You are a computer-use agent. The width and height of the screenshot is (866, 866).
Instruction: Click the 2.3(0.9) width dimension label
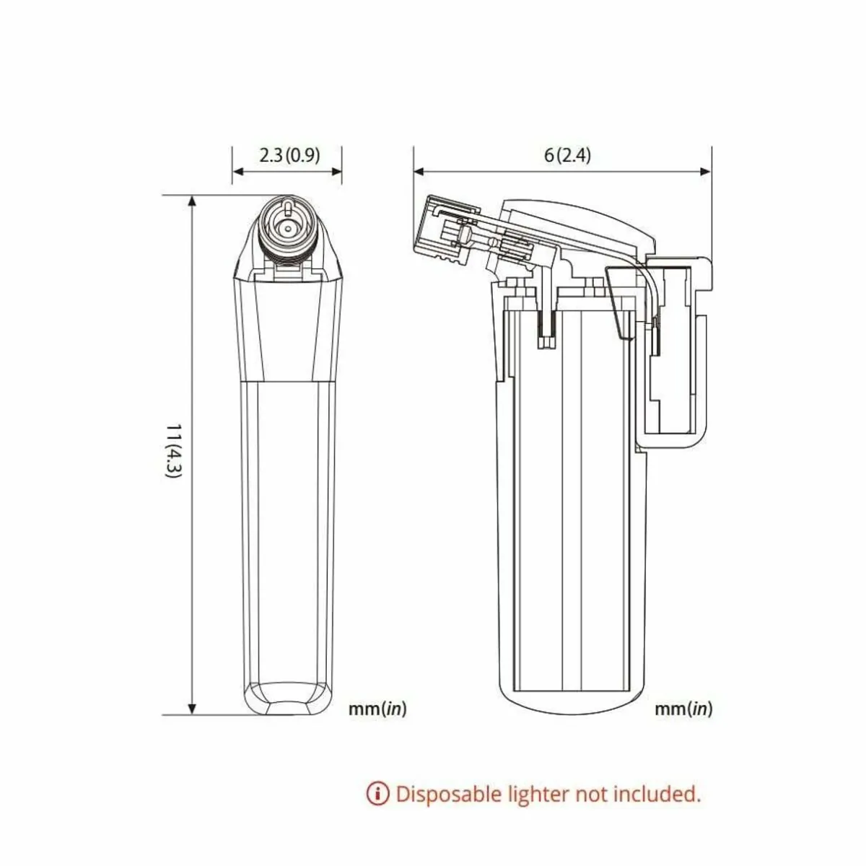pyautogui.click(x=289, y=155)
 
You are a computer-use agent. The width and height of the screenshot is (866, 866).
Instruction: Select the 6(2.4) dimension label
pyautogui.click(x=568, y=155)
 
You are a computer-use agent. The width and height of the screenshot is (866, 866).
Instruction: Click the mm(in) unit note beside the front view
pyautogui.click(x=377, y=709)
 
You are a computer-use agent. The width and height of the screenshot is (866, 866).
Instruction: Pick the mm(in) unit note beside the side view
pyautogui.click(x=683, y=709)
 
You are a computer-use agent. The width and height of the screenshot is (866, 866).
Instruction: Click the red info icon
pyautogui.click(x=378, y=794)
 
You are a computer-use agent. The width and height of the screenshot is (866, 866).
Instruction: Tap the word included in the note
pyautogui.click(x=657, y=794)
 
